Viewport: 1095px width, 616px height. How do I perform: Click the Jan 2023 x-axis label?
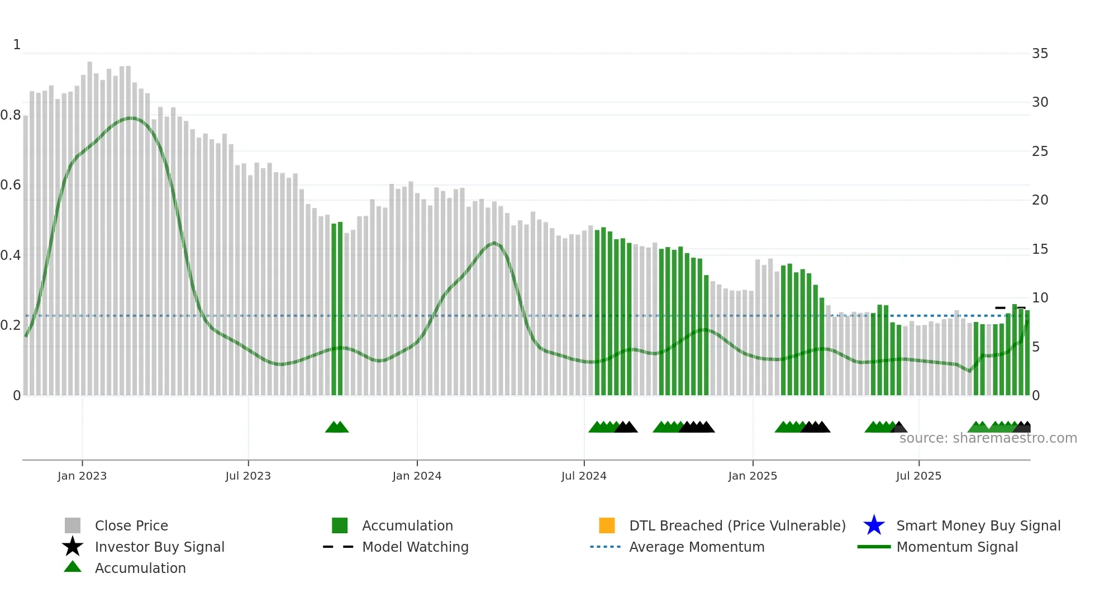tap(82, 476)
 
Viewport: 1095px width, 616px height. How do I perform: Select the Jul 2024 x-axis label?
tap(584, 476)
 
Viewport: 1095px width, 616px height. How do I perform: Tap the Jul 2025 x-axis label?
tap(918, 476)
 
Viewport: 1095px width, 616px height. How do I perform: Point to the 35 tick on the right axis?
tap(1040, 54)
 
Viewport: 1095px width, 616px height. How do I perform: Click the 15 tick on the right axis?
tap(1040, 249)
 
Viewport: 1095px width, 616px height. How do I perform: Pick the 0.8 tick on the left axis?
tap(11, 115)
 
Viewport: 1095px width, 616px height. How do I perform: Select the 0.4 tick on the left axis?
tap(11, 255)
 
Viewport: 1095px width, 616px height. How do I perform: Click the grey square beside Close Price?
tap(73, 525)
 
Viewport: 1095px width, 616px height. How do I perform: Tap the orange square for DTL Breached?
tap(607, 525)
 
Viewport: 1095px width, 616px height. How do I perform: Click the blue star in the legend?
tap(874, 525)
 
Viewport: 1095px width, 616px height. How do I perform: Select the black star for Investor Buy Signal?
tap(73, 547)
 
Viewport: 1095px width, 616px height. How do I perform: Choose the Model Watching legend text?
tap(415, 547)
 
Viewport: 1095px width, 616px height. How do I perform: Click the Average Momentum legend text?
tap(697, 547)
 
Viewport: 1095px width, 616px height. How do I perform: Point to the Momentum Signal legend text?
tap(957, 547)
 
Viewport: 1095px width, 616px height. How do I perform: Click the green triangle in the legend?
tap(73, 567)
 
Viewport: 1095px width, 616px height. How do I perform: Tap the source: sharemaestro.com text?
tap(988, 438)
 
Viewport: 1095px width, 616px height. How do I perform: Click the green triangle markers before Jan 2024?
tap(337, 428)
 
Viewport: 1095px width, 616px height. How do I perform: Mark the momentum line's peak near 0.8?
tap(130, 118)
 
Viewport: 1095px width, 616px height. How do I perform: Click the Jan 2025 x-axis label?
tap(753, 476)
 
